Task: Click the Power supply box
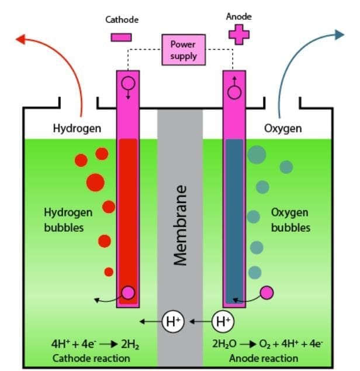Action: [184, 50]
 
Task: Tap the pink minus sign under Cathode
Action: [121, 37]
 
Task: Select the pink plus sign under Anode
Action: [238, 34]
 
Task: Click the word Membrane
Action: [181, 225]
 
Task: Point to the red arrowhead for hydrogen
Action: [21, 40]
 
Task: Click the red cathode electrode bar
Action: [127, 217]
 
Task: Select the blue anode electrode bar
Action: [234, 217]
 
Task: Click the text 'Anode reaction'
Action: [264, 358]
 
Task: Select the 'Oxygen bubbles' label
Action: [290, 219]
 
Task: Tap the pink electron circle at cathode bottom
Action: [127, 293]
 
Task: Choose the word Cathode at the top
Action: [122, 19]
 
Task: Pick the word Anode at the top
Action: [238, 16]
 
